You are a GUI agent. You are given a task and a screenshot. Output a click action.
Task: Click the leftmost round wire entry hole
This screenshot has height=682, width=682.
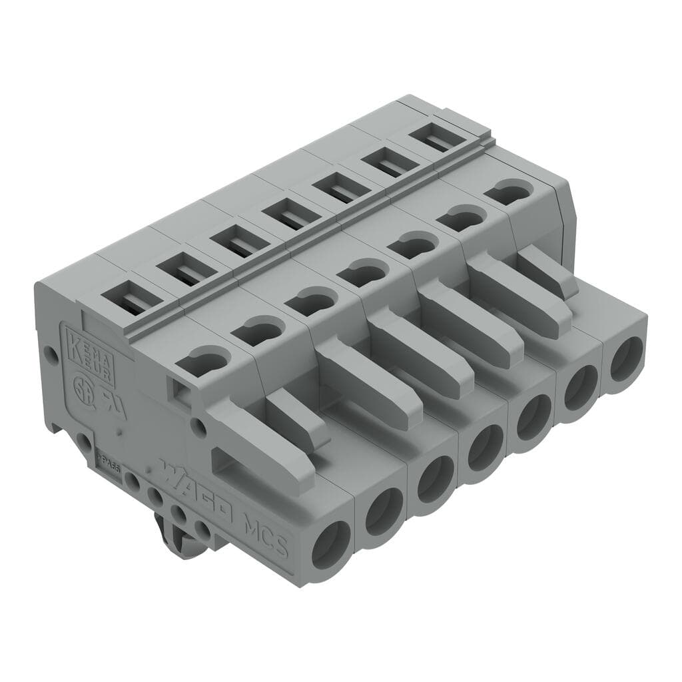[331, 543]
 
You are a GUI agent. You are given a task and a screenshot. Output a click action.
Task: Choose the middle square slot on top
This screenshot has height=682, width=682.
[285, 216]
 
